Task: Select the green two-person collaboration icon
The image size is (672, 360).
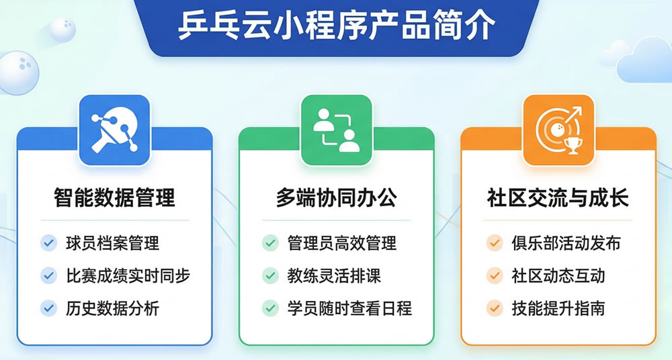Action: tap(336, 130)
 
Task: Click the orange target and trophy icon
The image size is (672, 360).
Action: tap(558, 130)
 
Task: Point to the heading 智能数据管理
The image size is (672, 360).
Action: tap(114, 198)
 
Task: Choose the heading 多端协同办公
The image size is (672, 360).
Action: tap(336, 198)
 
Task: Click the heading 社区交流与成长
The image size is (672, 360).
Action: tap(558, 198)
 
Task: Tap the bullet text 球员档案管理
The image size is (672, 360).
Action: tap(112, 242)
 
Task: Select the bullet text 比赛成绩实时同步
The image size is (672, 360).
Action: tap(128, 275)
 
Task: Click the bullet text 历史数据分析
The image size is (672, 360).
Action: tap(112, 308)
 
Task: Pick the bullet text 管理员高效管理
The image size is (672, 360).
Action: tap(341, 242)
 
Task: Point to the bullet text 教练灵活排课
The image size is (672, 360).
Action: tap(334, 275)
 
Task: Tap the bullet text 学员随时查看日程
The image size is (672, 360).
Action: tap(349, 308)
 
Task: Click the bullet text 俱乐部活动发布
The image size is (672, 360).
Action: tap(565, 242)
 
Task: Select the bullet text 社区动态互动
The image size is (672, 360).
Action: tap(558, 275)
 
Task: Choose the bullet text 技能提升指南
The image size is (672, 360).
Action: tap(558, 308)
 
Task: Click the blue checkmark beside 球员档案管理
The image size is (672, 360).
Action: tap(48, 242)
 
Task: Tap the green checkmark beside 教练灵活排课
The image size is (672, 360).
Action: tap(270, 275)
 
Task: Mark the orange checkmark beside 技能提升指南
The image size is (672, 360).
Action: tap(494, 308)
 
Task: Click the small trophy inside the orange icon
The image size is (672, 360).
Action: tap(573, 144)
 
